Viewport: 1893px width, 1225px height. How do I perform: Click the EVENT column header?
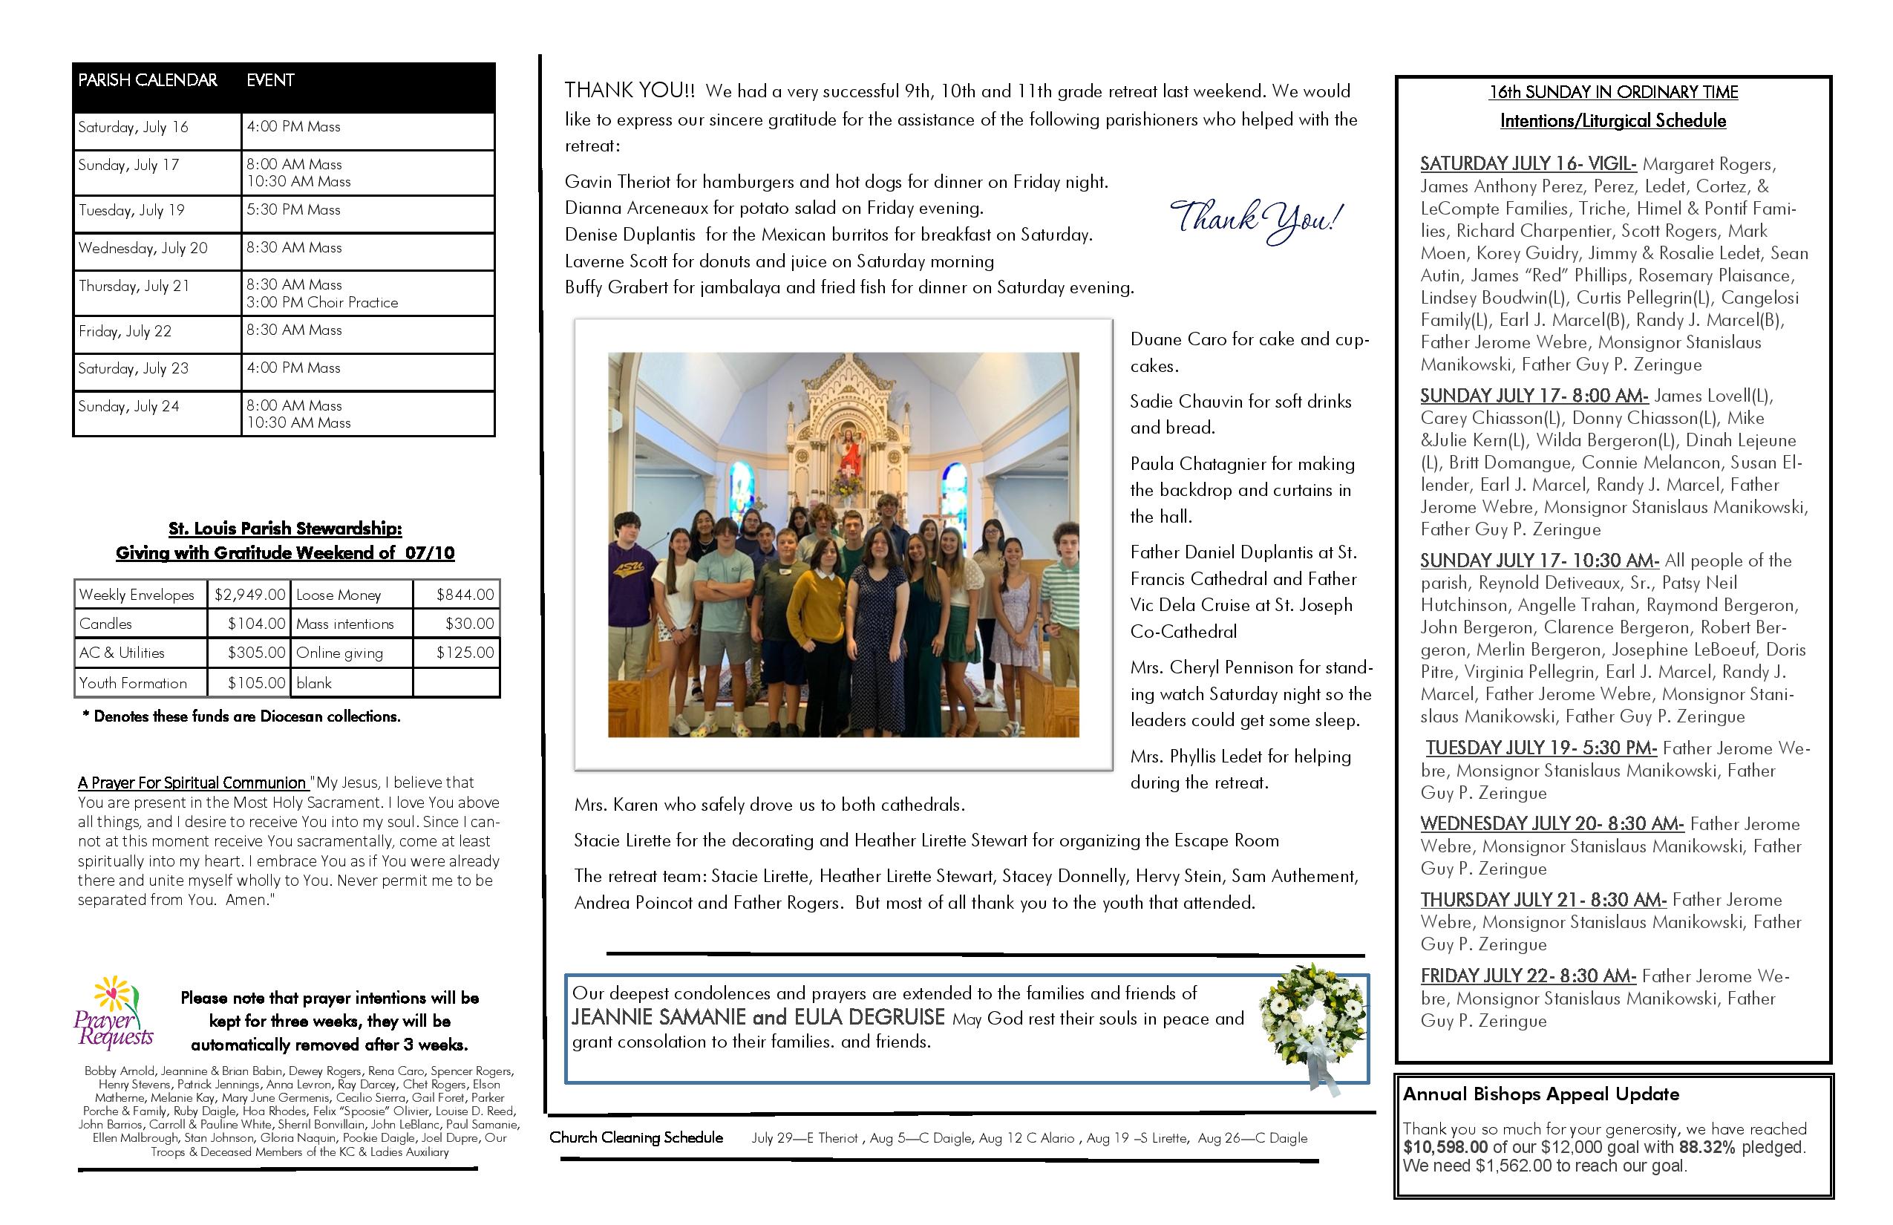270,80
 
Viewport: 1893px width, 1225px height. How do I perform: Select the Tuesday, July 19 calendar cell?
131,211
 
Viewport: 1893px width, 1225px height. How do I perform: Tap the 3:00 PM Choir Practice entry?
322,303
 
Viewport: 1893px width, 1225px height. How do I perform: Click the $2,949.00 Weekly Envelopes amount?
249,595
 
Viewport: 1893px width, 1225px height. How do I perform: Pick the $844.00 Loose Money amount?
465,595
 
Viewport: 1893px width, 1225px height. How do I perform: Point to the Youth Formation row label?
133,683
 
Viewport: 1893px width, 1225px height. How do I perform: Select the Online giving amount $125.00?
465,653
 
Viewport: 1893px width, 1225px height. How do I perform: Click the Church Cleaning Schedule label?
636,1138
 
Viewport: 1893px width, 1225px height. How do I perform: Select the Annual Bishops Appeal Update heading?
1540,1094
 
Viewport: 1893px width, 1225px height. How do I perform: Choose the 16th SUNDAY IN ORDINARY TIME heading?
1613,92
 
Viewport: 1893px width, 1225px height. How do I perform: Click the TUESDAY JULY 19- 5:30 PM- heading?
1540,748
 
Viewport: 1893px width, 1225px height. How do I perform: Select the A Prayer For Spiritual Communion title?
192,783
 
